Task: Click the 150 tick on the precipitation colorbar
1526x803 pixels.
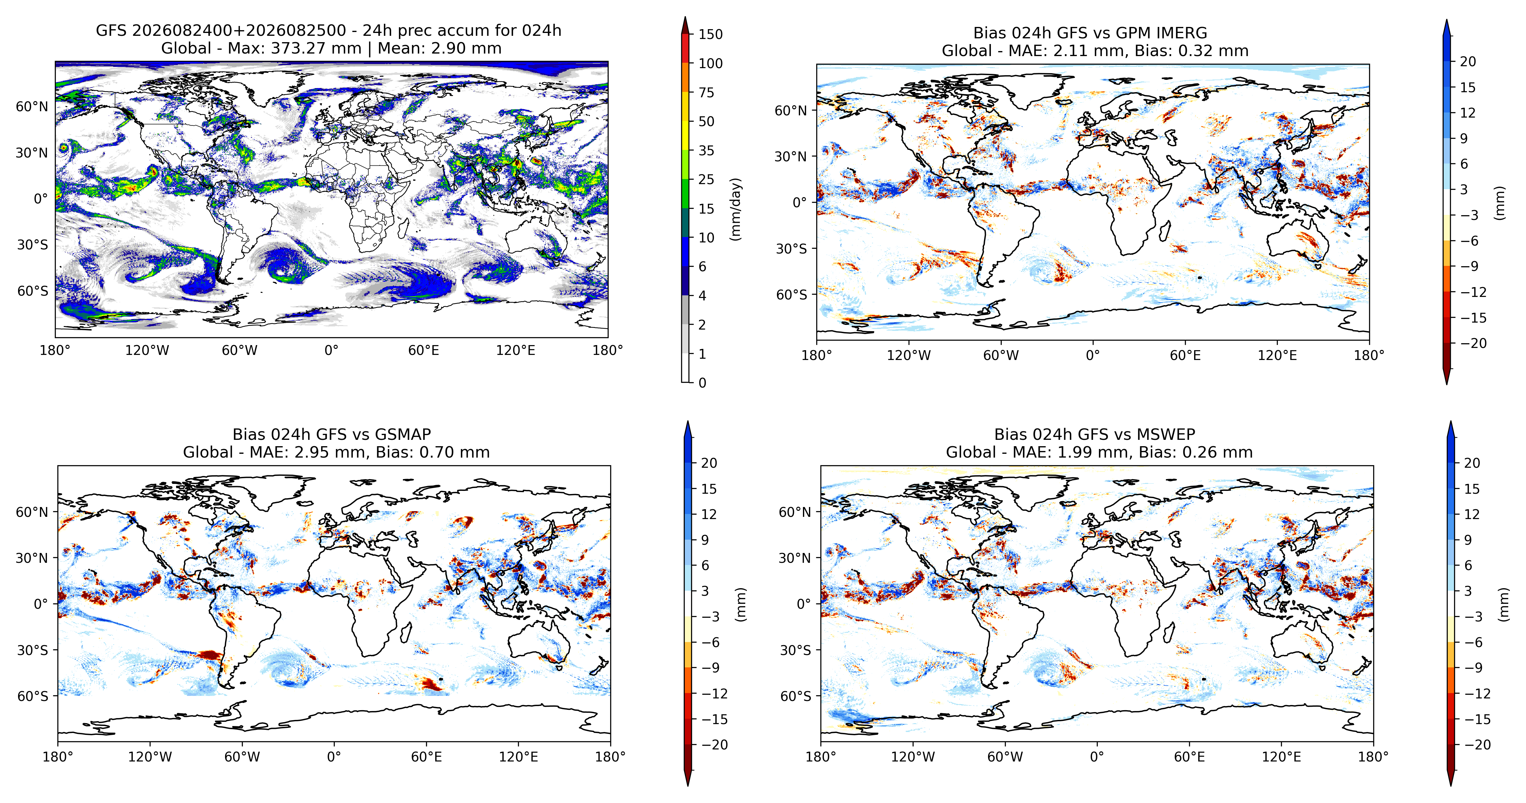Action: pyautogui.click(x=710, y=34)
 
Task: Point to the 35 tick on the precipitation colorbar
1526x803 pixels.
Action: pyautogui.click(x=706, y=151)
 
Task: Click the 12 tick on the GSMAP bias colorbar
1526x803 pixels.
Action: pyautogui.click(x=709, y=514)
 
